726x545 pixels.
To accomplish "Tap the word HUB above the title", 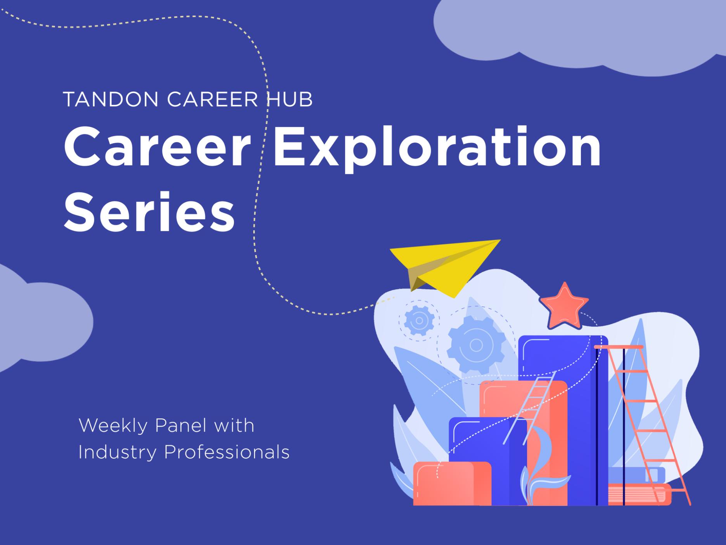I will click(289, 100).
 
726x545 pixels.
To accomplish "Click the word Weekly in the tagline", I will click(113, 426).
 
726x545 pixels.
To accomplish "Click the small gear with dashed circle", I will click(419, 321).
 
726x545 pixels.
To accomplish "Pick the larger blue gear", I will click(476, 345).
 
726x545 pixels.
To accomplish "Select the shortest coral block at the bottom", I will click(452, 484).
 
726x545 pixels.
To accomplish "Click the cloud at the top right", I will click(582, 31).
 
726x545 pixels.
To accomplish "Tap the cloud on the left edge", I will click(43, 318).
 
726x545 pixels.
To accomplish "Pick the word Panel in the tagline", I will click(180, 426).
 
